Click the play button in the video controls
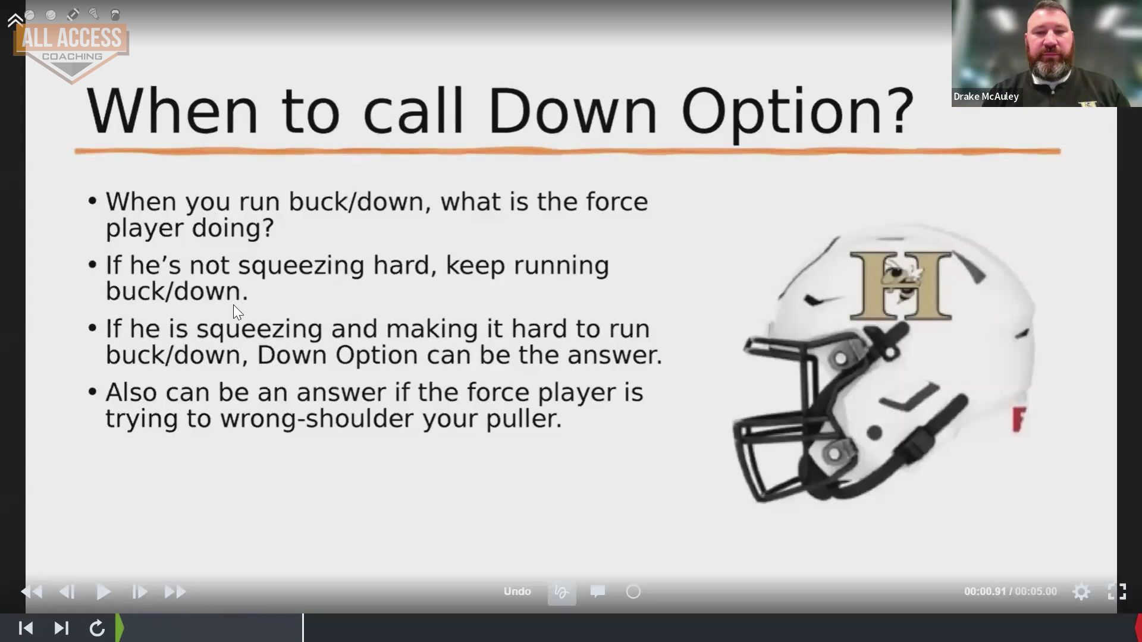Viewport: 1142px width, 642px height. pyautogui.click(x=103, y=592)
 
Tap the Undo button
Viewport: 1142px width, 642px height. pyautogui.click(x=517, y=591)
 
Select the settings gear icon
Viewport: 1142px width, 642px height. pyautogui.click(x=1081, y=592)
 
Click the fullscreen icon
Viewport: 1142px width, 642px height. pyautogui.click(x=1117, y=591)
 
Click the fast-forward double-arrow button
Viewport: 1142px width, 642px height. pyautogui.click(x=175, y=592)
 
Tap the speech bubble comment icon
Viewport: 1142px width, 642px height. pyautogui.click(x=598, y=591)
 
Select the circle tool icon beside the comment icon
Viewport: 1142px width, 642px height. pyautogui.click(x=633, y=592)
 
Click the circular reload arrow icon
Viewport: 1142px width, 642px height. pyautogui.click(x=97, y=628)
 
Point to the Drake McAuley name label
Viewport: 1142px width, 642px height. pyautogui.click(x=986, y=96)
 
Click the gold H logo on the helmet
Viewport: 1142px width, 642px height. pyautogui.click(x=901, y=285)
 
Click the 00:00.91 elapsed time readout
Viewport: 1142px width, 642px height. pyautogui.click(x=984, y=592)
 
